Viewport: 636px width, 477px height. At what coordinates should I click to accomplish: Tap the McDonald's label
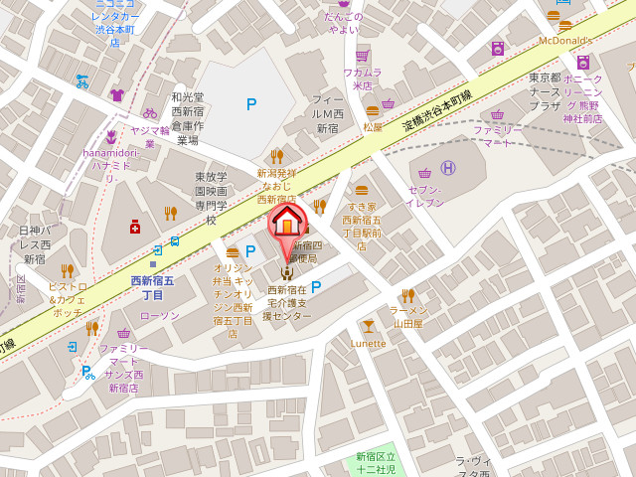(564, 41)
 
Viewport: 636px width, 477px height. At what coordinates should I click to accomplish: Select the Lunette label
(368, 344)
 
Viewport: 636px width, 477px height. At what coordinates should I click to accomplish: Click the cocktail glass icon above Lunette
(369, 326)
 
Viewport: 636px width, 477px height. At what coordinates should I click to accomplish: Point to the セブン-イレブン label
(424, 196)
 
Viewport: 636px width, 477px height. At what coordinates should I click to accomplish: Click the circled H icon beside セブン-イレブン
(448, 168)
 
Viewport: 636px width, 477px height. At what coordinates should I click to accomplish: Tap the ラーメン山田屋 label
(407, 317)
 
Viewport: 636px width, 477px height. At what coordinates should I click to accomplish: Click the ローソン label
(159, 316)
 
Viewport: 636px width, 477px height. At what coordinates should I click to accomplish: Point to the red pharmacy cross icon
(135, 227)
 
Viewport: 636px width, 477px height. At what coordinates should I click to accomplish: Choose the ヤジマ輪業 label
(150, 137)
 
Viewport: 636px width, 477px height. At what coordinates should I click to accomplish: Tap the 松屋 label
(373, 127)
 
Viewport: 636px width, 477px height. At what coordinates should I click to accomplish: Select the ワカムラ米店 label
(363, 79)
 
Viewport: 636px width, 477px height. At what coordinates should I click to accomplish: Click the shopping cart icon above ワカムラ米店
(363, 56)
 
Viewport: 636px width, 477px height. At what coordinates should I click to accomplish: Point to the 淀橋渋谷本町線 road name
(437, 110)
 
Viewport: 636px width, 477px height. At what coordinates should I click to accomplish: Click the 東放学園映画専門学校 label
(211, 198)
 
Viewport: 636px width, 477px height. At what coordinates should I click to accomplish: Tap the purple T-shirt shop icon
(117, 95)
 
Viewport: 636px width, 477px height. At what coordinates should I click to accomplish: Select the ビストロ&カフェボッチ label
(67, 299)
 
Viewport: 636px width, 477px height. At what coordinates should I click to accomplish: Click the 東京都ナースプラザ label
(546, 91)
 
